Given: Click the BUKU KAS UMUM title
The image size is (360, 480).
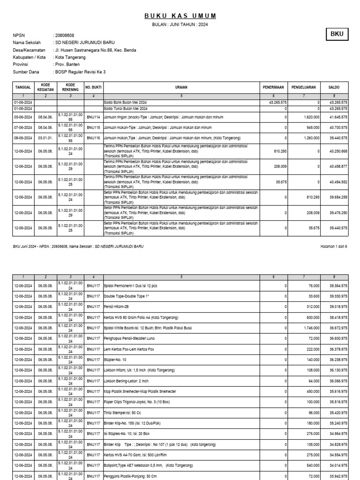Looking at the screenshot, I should coord(180,16).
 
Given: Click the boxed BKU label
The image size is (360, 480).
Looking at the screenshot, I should coord(337,35).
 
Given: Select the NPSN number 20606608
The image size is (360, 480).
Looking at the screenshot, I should coord(65,35).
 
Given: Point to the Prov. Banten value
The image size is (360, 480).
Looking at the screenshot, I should coord(68,64).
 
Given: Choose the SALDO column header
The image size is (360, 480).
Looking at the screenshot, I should coord(334,87).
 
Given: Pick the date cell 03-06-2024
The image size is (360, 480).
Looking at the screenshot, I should coord(22,117).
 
